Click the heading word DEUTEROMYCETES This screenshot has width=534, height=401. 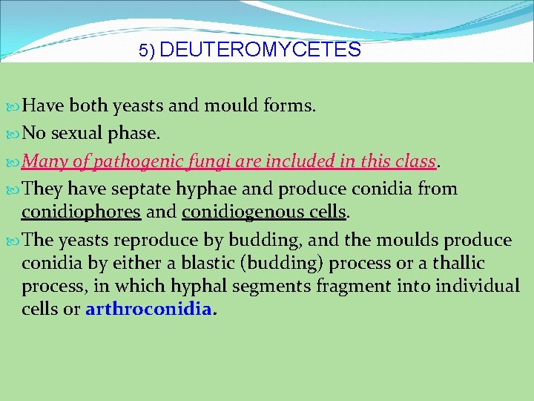[260, 50]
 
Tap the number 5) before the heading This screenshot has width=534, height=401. [147, 51]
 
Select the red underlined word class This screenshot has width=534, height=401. [415, 161]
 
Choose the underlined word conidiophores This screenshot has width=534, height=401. [81, 213]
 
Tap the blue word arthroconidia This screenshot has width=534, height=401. [148, 308]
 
